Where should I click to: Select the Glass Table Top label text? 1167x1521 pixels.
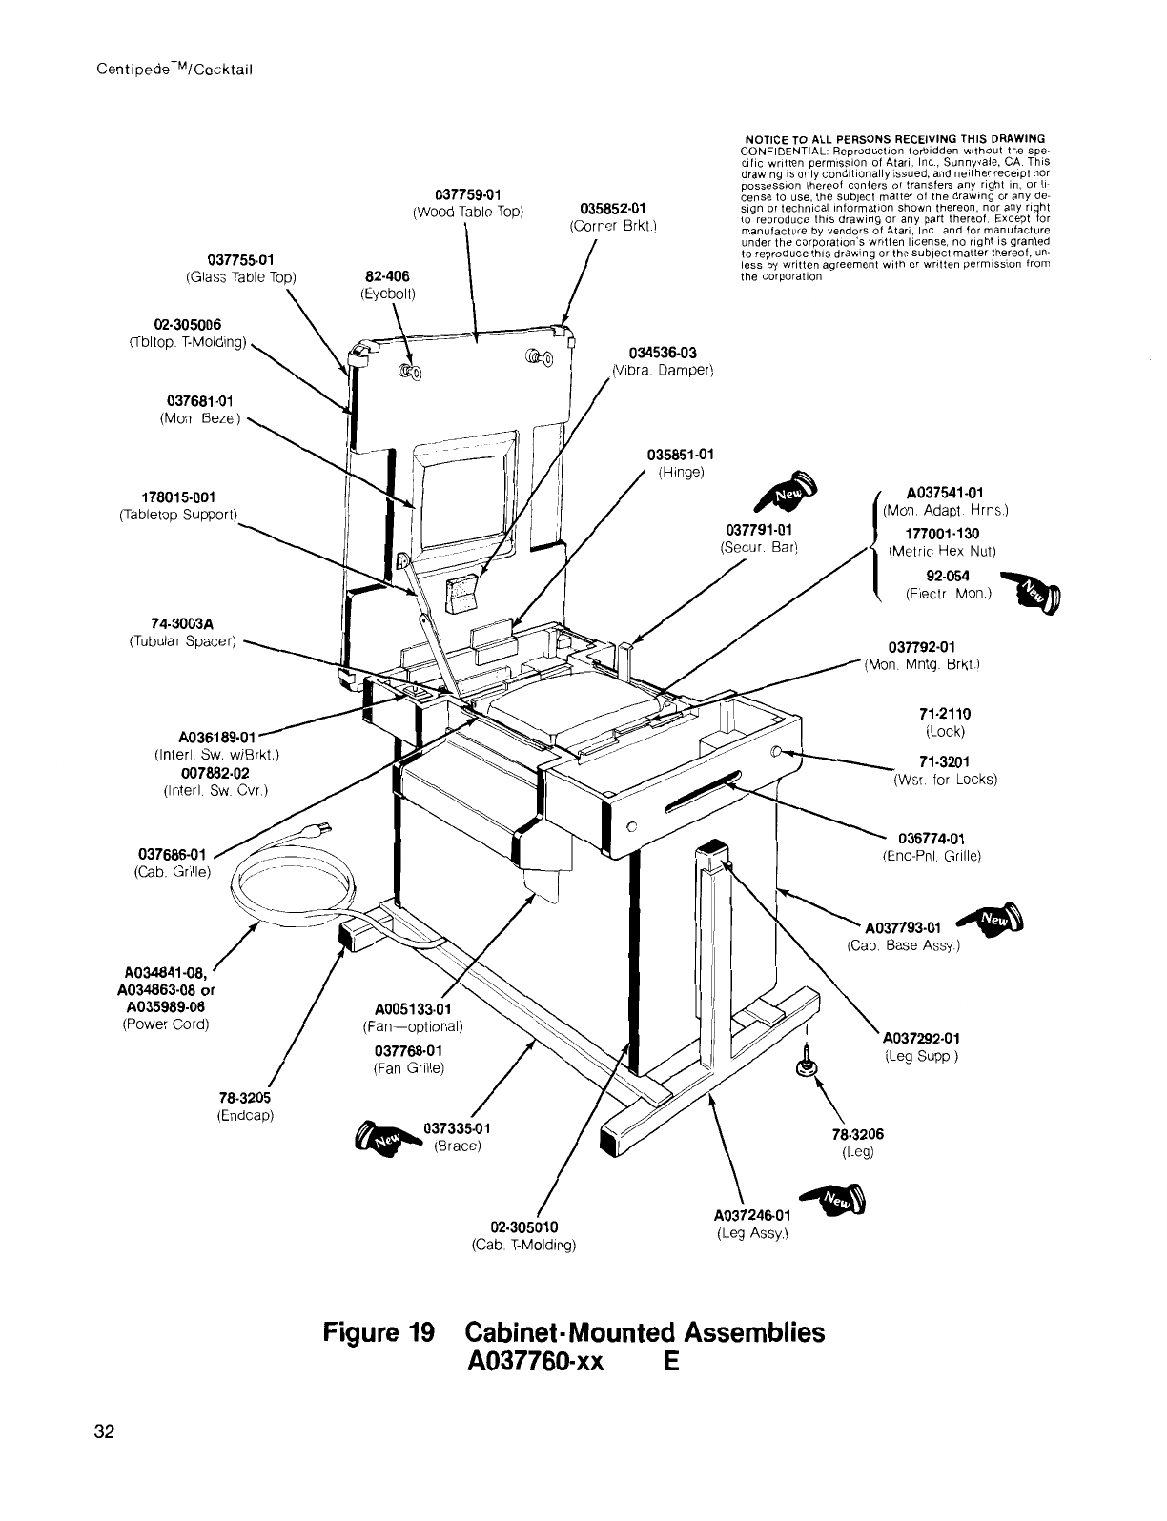[x=241, y=277]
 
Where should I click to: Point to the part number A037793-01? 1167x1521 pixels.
[x=902, y=928]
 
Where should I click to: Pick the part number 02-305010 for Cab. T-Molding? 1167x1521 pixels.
[x=522, y=1226]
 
